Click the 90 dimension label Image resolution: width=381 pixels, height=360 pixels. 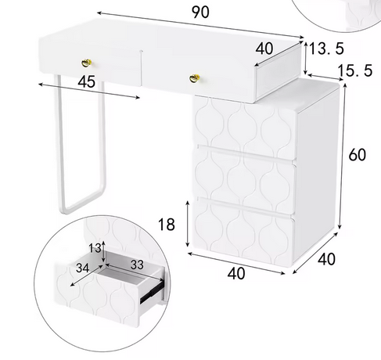click(x=200, y=12)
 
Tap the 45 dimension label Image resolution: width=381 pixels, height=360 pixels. click(x=87, y=81)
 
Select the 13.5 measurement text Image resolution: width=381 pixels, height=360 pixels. click(x=326, y=49)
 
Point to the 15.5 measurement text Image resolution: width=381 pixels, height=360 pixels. click(x=355, y=70)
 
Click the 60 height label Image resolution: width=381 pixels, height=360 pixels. click(x=358, y=154)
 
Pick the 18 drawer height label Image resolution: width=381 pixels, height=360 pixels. click(x=167, y=224)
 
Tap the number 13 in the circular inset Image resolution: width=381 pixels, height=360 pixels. click(x=95, y=248)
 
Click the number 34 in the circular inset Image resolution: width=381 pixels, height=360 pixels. click(x=82, y=268)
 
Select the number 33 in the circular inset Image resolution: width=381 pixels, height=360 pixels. click(x=137, y=265)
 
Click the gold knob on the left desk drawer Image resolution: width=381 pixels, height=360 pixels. click(x=87, y=63)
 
